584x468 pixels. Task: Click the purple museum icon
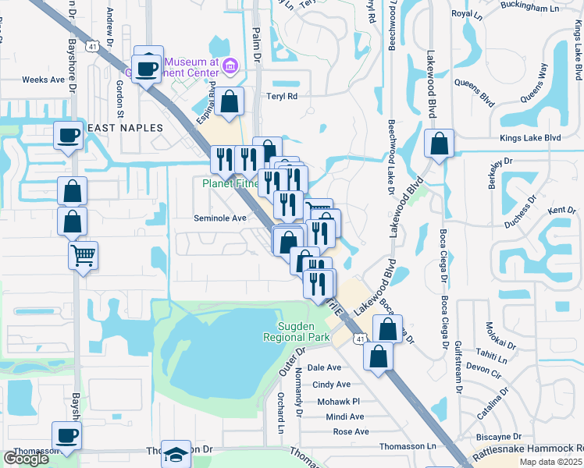230,66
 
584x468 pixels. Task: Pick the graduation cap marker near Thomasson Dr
177,454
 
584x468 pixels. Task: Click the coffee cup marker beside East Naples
68,136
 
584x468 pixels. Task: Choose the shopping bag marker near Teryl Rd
231,101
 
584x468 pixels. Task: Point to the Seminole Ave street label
220,218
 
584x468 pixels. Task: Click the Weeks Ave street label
43,80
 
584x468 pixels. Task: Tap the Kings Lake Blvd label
530,138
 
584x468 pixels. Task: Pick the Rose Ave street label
351,431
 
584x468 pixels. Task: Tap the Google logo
26,459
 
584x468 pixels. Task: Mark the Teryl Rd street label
282,97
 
